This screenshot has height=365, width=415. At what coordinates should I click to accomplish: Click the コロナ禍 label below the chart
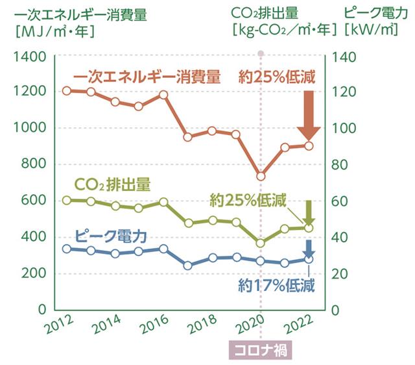point(261,349)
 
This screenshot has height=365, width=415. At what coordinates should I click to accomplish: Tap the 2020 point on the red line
point(261,176)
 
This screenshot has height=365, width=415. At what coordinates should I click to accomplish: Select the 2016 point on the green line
point(163,201)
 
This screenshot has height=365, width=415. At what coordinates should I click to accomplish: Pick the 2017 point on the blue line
point(187,265)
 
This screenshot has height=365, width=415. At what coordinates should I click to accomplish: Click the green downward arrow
point(309,212)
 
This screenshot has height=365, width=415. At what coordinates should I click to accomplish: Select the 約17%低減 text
point(276,284)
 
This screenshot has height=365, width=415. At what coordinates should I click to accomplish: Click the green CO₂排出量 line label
point(112,184)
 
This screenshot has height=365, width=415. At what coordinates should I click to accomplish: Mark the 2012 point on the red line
point(67,90)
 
